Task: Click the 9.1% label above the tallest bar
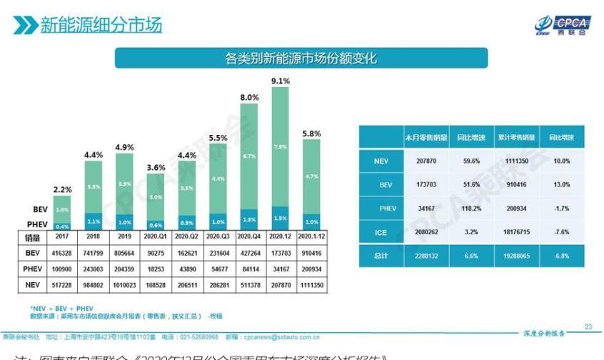click(281, 81)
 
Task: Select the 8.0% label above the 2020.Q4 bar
click(249, 97)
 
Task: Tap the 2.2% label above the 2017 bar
click(62, 189)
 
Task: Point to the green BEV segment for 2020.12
click(281, 147)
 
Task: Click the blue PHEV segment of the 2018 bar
click(94, 221)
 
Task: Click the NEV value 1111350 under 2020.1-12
click(312, 285)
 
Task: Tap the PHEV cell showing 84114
click(249, 269)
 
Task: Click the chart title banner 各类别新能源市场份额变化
click(301, 58)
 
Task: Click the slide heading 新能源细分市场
click(100, 26)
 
